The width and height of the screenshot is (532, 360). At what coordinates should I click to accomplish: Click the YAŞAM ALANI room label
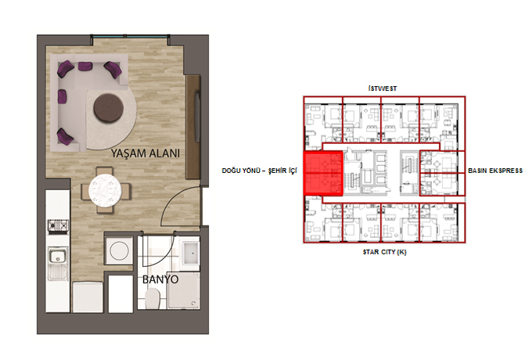146,153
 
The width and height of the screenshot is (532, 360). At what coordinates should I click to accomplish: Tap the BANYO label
160,279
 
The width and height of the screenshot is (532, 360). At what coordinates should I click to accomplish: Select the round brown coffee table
109,108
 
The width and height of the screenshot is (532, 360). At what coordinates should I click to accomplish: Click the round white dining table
105,190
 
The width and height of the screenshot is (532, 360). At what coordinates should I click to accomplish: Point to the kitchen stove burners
58,225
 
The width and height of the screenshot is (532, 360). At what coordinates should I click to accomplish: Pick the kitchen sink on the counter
58,255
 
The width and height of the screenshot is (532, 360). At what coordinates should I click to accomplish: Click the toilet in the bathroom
153,299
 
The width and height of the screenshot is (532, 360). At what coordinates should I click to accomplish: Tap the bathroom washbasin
190,253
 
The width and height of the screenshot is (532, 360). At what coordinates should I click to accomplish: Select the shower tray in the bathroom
184,291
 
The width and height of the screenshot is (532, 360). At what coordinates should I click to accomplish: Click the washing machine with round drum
119,250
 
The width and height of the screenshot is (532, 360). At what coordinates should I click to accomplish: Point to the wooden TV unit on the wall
192,127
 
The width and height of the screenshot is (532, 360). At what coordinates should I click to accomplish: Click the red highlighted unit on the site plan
322,174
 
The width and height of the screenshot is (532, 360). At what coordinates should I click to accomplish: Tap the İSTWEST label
383,88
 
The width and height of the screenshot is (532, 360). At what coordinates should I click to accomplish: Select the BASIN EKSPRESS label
495,171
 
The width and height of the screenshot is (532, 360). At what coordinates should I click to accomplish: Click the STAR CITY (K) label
384,252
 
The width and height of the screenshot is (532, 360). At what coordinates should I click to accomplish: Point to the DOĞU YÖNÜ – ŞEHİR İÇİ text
260,171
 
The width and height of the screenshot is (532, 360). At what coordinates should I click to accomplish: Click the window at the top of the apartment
130,36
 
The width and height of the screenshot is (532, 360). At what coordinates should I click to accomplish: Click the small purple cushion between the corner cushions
85,66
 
